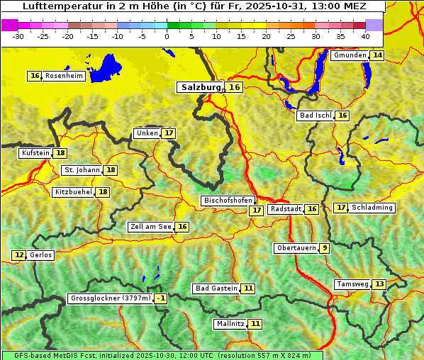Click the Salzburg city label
[201, 87]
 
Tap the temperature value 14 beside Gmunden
[377, 55]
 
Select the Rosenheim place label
[63, 76]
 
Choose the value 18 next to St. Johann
[111, 170]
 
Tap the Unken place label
[147, 133]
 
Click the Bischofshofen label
[228, 201]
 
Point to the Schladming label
[372, 208]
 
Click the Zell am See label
[151, 227]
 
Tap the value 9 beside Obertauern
[324, 248]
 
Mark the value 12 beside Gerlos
[19, 255]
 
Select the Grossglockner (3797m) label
[111, 299]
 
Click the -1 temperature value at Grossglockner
[161, 299]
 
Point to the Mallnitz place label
[230, 324]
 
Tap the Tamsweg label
[353, 284]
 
